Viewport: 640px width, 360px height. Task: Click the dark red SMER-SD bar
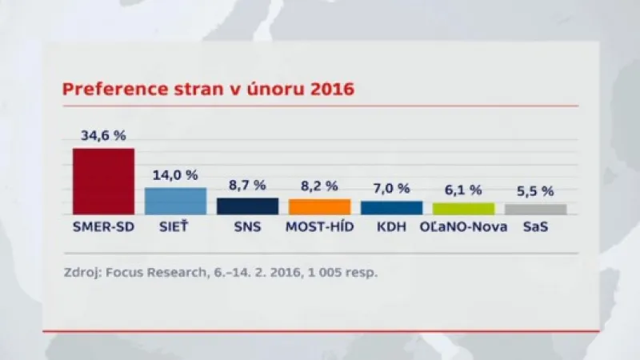[x=103, y=181]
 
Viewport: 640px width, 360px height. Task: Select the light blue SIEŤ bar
[x=175, y=201]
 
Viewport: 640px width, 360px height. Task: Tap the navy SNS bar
[x=247, y=206]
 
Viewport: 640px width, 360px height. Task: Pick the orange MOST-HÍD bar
[x=319, y=206]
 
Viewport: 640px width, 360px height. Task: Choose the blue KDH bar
[x=391, y=207]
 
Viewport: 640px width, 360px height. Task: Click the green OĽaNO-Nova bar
[x=463, y=208]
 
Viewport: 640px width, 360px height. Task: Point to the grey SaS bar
[x=535, y=209]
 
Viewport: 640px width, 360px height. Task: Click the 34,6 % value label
[x=103, y=135]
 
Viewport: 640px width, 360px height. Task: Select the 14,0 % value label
[x=175, y=174]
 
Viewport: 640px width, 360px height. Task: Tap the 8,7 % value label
[x=247, y=185]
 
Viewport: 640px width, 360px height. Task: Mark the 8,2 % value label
[x=319, y=186]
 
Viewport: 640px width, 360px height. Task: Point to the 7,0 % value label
[x=391, y=188]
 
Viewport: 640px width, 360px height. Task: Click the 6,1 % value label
[x=463, y=190]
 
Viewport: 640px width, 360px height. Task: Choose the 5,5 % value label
[x=535, y=191]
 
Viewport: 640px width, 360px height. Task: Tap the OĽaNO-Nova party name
[x=462, y=227]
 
